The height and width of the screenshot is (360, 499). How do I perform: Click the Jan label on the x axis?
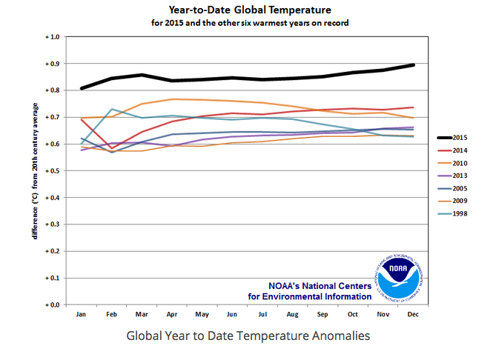tap(82, 314)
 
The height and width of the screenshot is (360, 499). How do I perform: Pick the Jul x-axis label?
tap(262, 314)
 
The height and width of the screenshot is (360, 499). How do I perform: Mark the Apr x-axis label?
tap(172, 314)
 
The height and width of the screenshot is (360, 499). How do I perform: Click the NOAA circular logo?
tap(399, 276)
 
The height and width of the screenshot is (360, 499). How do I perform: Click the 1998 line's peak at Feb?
tap(112, 109)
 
